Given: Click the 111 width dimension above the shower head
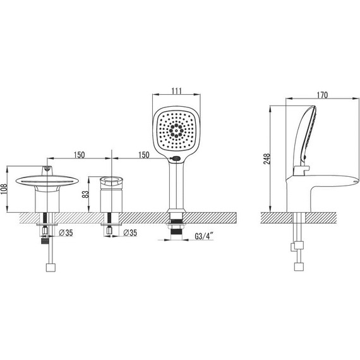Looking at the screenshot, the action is click(177, 91).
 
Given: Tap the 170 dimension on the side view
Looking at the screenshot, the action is click(322, 95).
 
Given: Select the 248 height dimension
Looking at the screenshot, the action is click(267, 159).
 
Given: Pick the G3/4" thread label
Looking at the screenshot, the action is click(204, 236).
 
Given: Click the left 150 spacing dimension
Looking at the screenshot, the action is click(79, 155).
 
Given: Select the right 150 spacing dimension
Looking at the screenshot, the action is click(144, 155).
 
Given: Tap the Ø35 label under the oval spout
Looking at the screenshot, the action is click(66, 233).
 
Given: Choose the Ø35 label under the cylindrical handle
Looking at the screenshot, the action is click(130, 233).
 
